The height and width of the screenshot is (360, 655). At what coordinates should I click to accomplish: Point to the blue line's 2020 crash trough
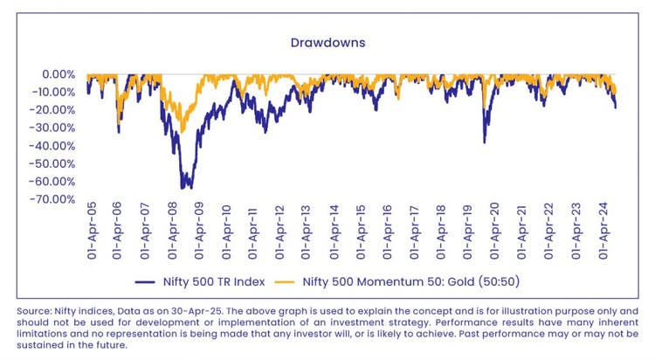485,142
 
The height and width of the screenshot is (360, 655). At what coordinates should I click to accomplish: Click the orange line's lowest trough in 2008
182,131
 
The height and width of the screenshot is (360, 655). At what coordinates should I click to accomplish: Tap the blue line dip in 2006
119,132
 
